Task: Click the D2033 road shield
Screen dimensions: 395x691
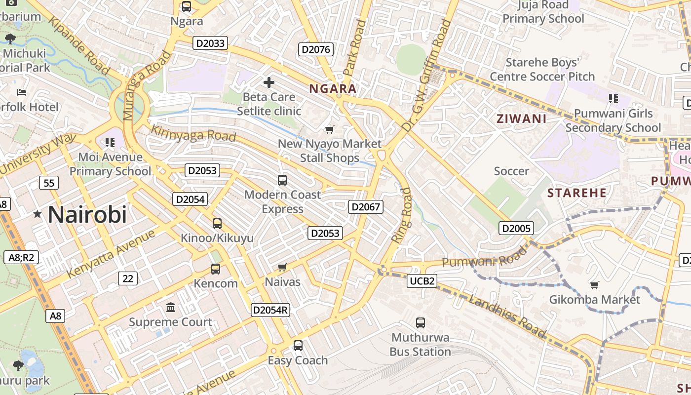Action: coord(210,43)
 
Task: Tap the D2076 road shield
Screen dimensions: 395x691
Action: coord(316,49)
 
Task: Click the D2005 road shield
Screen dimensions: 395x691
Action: coord(516,228)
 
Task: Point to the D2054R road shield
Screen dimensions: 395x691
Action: coord(270,310)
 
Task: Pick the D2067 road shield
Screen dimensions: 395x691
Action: coord(366,207)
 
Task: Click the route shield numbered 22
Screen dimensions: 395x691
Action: coord(128,278)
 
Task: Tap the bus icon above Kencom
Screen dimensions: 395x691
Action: coord(216,269)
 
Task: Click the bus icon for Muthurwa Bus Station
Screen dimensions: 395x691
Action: coord(421,323)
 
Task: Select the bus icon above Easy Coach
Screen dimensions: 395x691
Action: coord(298,346)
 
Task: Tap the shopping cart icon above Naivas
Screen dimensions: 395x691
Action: coord(282,267)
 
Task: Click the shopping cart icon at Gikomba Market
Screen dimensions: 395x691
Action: coord(595,285)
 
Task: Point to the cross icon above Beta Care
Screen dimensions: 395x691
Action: coord(269,82)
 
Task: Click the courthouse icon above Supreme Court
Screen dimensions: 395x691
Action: coord(171,308)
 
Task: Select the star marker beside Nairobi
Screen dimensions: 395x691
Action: coord(37,214)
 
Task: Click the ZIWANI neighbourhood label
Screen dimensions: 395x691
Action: coord(521,118)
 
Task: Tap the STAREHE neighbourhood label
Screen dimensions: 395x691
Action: coord(576,193)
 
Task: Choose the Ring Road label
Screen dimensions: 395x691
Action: coord(401,215)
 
